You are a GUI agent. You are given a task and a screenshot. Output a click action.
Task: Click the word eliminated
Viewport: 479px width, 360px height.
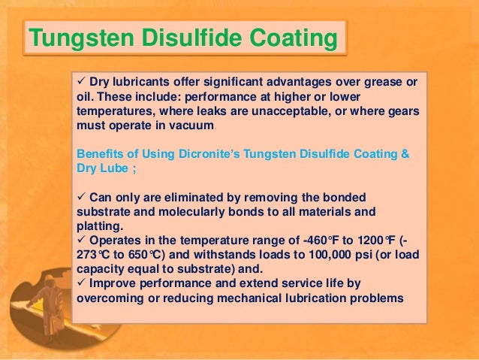coord(182,197)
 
